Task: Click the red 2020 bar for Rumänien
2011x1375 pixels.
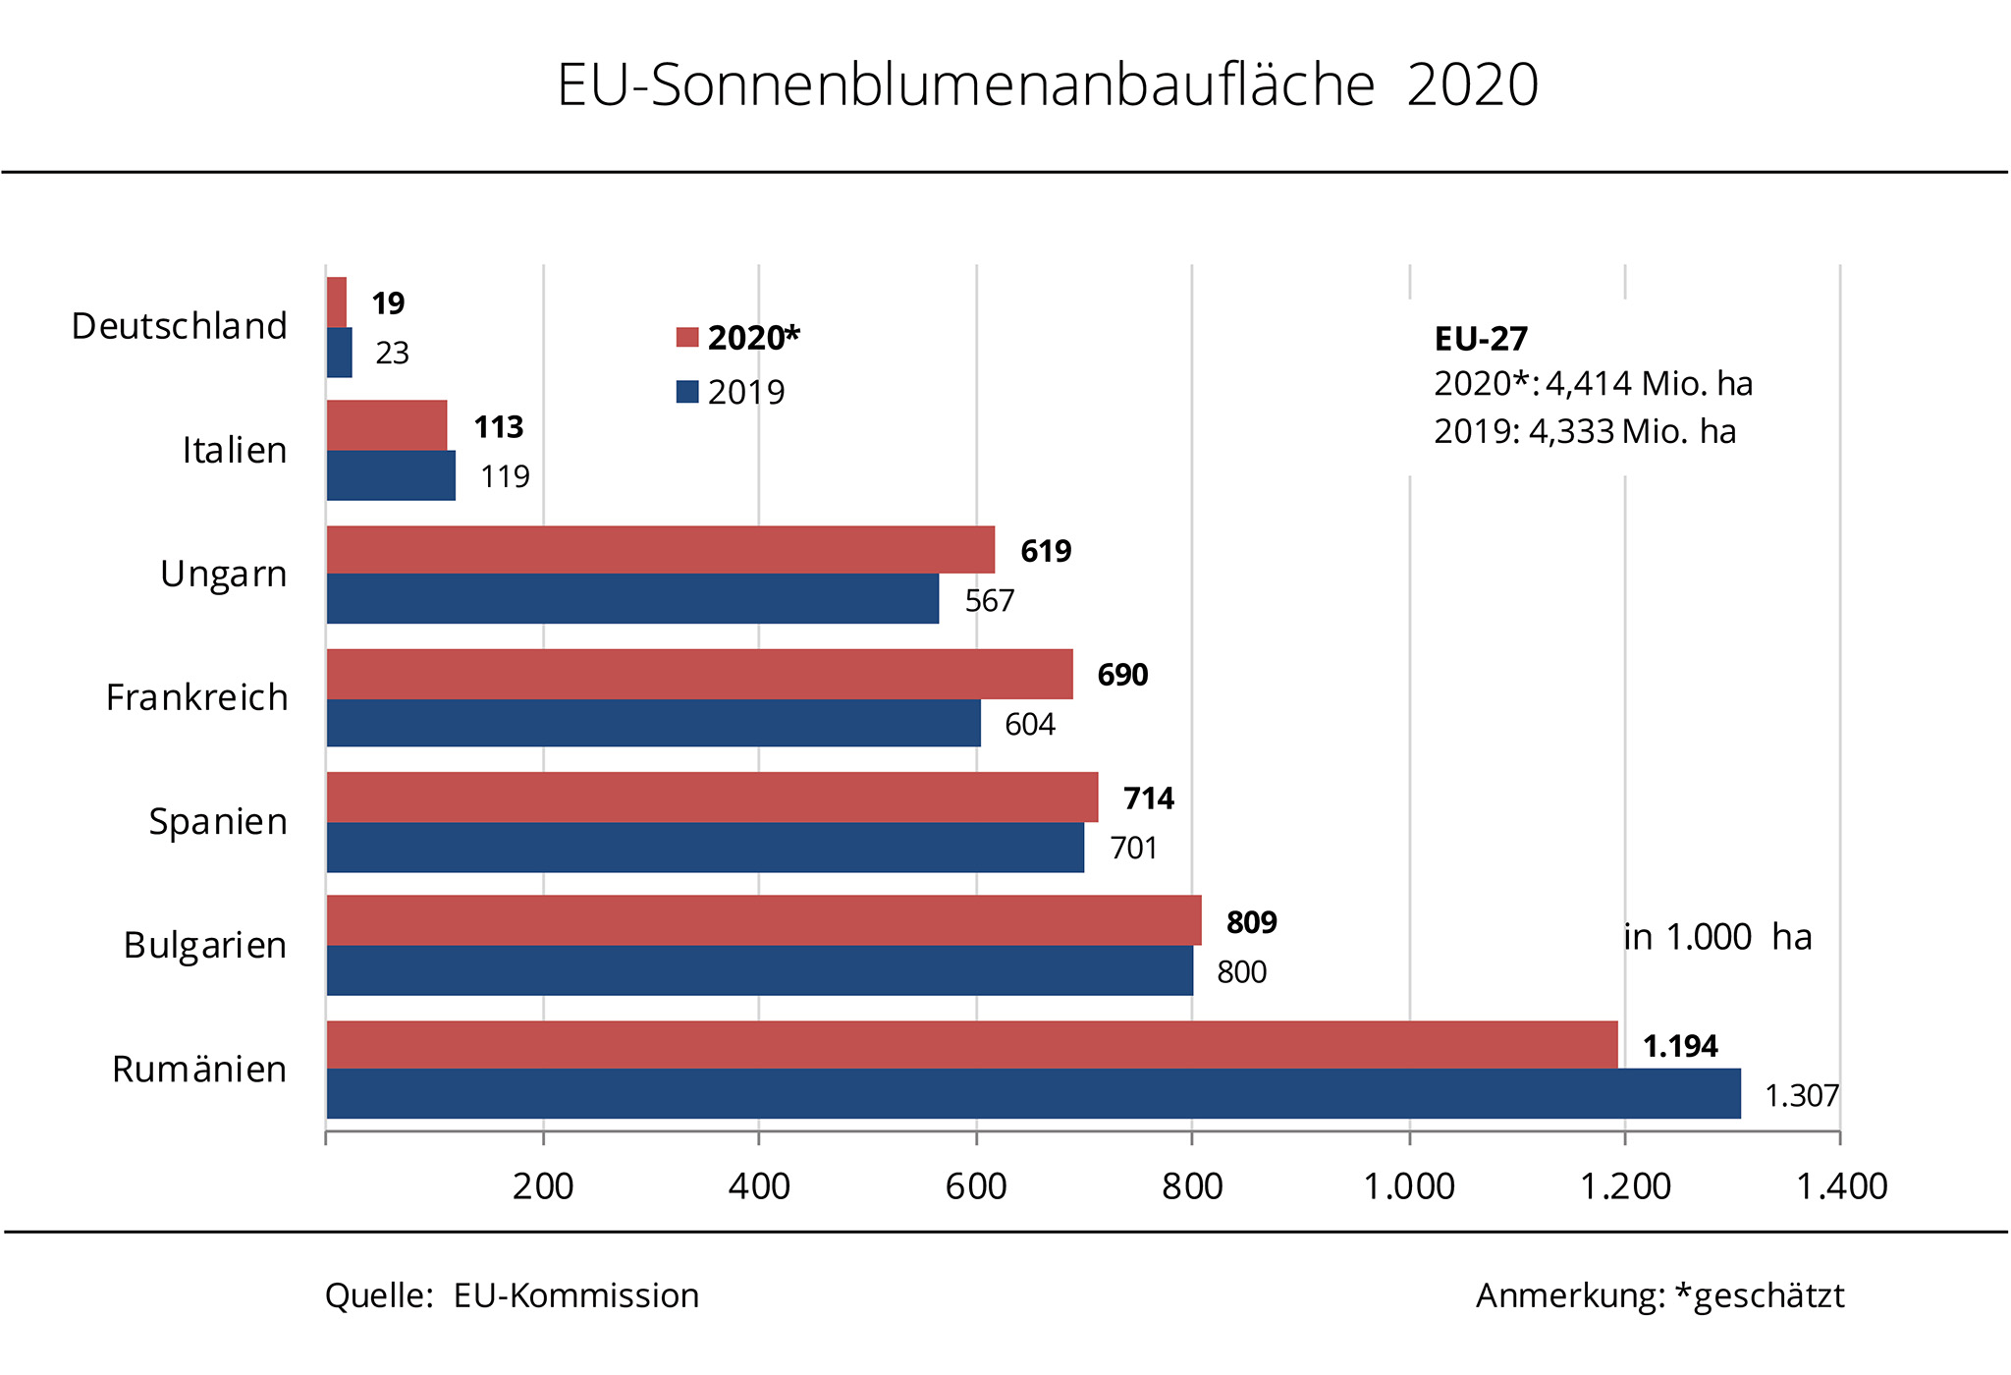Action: coord(972,1044)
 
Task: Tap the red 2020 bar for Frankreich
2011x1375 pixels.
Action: coord(699,674)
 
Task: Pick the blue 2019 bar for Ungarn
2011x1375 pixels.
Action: coord(632,598)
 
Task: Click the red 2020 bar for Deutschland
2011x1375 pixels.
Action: coord(337,302)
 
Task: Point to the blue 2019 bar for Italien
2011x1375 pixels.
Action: coord(391,475)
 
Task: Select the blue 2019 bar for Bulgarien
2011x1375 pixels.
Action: coord(760,970)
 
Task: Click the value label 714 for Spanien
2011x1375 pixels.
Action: coord(1148,798)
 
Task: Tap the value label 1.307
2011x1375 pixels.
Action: coord(1801,1095)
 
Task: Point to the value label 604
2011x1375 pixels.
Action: coord(1029,725)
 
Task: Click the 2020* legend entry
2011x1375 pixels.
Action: coord(738,338)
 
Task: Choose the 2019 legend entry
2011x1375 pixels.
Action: coord(732,392)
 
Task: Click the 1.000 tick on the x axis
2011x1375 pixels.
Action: coord(1409,1186)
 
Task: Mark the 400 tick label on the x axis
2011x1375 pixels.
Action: coord(759,1186)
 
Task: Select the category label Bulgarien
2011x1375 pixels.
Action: coord(205,945)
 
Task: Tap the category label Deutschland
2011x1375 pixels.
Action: coord(180,326)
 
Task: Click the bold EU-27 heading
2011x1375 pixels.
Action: coord(1481,339)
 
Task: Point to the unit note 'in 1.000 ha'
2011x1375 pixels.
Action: coord(1717,937)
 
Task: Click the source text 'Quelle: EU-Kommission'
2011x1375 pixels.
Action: coord(512,1295)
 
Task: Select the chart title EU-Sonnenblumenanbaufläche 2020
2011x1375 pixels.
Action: coord(1047,84)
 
